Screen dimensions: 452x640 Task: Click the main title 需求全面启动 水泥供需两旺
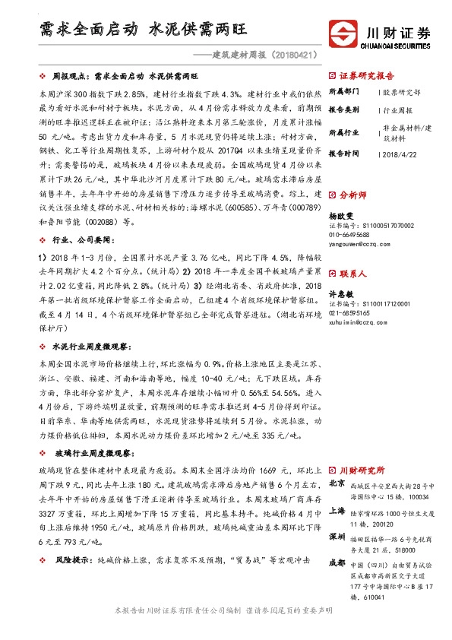[x=144, y=30]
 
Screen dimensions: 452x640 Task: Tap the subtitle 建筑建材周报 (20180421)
[x=258, y=55]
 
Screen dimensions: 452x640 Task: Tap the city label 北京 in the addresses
[x=337, y=483]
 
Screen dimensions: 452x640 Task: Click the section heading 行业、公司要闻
[x=83, y=239]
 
